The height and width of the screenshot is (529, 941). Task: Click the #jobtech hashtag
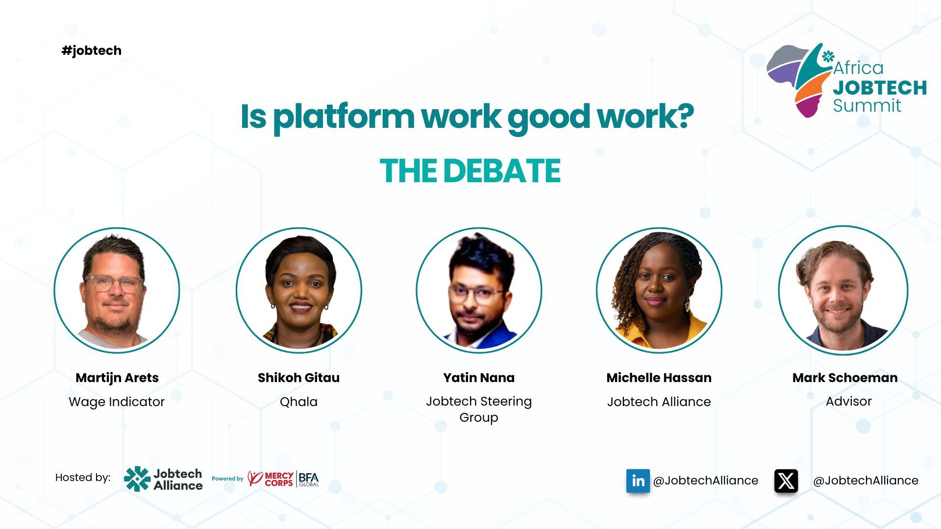(92, 50)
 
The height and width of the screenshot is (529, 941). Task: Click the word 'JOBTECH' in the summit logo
(880, 88)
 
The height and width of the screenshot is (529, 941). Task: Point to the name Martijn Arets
(117, 378)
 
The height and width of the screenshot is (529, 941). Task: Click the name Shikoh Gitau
(298, 378)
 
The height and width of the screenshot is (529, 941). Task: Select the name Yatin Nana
(479, 378)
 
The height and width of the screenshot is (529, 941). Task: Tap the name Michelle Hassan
(659, 378)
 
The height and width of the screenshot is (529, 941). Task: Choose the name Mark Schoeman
(845, 378)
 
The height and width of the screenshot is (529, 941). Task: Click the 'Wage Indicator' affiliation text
(117, 402)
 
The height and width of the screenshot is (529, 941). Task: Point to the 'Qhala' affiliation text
(298, 402)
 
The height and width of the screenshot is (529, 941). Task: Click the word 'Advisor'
(849, 401)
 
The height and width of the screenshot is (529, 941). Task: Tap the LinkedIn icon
(638, 481)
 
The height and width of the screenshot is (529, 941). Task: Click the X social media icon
(786, 481)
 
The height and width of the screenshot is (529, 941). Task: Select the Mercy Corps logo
(271, 479)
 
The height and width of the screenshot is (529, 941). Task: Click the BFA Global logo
(309, 479)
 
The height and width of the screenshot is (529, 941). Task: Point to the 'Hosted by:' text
(83, 478)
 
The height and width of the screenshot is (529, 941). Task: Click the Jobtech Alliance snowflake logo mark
(137, 479)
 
